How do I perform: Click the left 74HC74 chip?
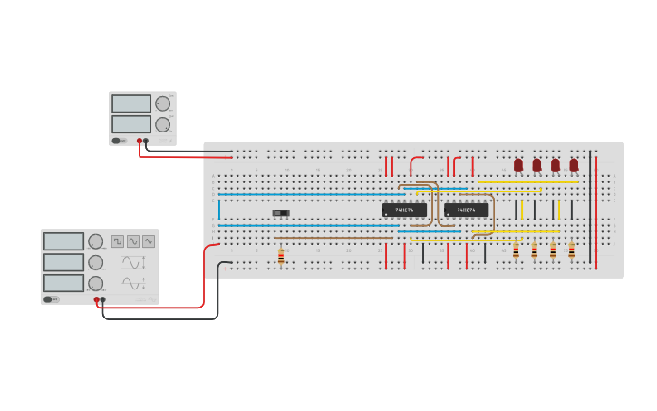(404, 210)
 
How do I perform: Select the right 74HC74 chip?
(466, 210)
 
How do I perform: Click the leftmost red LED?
(518, 165)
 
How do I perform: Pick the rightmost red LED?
(574, 165)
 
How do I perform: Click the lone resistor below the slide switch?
(281, 257)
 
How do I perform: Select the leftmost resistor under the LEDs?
(516, 250)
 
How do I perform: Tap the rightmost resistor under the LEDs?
(571, 250)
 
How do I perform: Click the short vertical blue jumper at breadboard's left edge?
(218, 210)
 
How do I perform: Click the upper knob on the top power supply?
(162, 103)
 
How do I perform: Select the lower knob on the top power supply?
(162, 124)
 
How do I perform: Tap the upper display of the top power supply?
(131, 103)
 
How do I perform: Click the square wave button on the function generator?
(118, 241)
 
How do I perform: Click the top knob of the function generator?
(95, 241)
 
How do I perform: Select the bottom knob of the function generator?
(95, 283)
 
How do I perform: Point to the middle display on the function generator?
(63, 262)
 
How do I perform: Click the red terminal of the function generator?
(96, 299)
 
